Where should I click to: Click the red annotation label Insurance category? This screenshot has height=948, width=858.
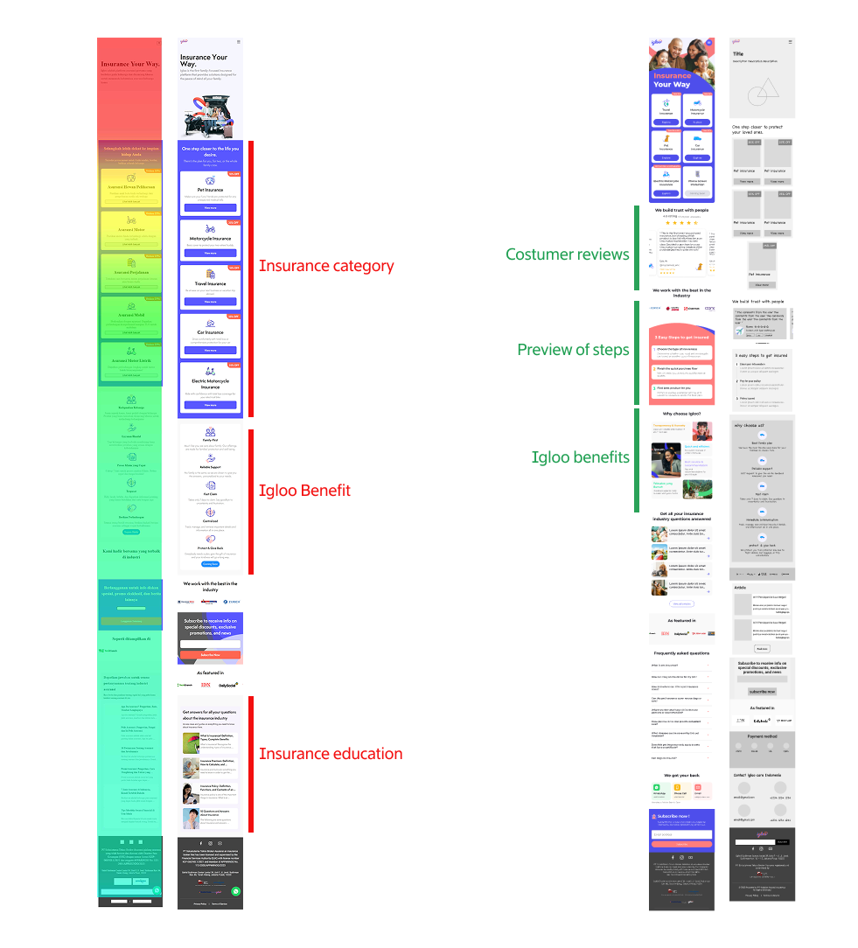(x=326, y=266)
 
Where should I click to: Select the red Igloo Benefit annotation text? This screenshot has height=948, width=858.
(x=304, y=491)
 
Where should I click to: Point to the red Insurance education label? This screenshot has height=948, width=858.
(x=331, y=754)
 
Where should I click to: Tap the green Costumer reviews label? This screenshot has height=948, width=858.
(x=568, y=254)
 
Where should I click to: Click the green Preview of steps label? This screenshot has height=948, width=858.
(x=573, y=350)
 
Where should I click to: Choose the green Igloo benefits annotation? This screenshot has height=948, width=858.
(x=580, y=457)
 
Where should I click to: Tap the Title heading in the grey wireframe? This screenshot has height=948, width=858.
(x=738, y=54)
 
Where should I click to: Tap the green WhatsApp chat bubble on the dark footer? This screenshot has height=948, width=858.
(x=236, y=891)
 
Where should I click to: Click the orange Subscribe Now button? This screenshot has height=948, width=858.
(x=210, y=654)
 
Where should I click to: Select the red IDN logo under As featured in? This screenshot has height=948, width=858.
(x=206, y=685)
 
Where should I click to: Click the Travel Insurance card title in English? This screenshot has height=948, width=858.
(x=210, y=283)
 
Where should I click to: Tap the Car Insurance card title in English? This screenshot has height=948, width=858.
(x=210, y=332)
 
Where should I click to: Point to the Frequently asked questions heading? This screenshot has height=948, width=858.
(x=682, y=652)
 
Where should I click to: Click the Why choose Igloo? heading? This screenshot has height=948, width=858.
(x=682, y=414)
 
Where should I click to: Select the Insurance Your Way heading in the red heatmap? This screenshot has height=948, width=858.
(x=129, y=64)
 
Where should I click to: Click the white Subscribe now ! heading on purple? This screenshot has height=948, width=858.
(x=674, y=816)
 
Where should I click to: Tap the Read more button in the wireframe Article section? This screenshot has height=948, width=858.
(x=762, y=649)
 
